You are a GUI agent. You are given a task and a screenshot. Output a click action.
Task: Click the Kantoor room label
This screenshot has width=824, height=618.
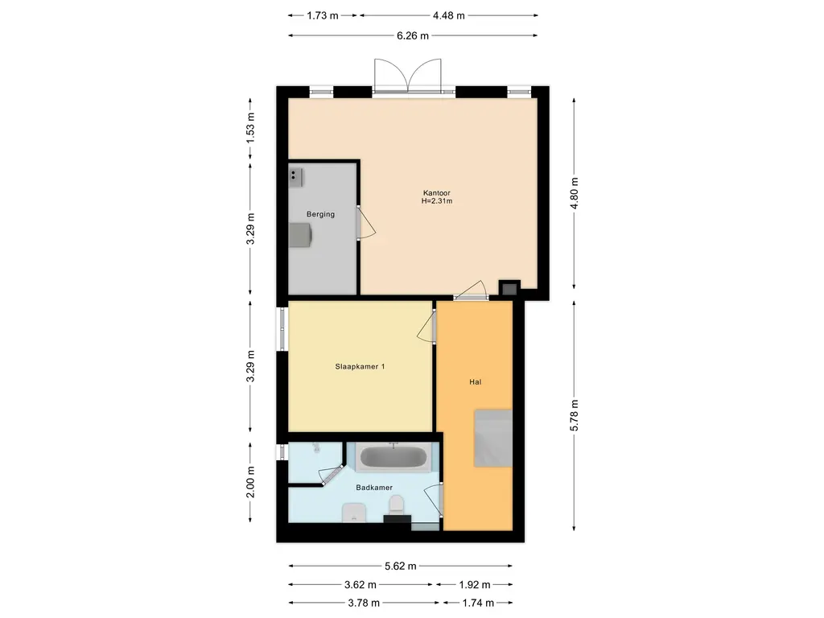(x=437, y=193)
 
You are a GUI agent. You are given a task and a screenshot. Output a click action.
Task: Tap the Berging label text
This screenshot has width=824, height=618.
(x=320, y=214)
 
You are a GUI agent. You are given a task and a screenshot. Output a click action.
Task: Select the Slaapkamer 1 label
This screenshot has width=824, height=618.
(x=360, y=366)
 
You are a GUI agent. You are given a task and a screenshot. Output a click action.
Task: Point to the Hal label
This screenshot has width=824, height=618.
(x=475, y=382)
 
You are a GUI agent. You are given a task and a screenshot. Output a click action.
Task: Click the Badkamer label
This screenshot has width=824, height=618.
(x=374, y=488)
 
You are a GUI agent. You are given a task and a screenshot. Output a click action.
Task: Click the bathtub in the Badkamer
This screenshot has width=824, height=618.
(x=393, y=457)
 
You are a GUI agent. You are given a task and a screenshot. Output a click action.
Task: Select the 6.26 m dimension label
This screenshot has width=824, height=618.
(x=413, y=35)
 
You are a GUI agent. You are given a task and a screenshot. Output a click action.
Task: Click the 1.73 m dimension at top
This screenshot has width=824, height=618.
(x=323, y=16)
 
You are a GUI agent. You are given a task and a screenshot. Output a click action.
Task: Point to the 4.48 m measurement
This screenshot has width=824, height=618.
(x=449, y=16)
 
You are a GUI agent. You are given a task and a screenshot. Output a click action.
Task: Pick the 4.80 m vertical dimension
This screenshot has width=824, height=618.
(x=574, y=193)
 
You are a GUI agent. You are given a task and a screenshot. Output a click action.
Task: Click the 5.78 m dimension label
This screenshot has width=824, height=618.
(x=574, y=416)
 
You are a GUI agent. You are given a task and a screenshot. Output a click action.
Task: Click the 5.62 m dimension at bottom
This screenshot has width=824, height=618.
(x=401, y=566)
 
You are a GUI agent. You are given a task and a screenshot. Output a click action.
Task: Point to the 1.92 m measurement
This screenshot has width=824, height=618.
(x=475, y=584)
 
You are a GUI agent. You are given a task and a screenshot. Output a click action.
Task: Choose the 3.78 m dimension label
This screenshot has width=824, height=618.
(x=364, y=603)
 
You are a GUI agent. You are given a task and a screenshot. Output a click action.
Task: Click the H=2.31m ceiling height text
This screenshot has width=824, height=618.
(x=437, y=200)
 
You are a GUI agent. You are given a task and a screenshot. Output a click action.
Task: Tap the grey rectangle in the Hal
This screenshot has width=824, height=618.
(x=493, y=439)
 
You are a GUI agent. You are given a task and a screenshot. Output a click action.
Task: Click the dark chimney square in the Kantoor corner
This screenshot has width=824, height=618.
(x=509, y=289)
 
